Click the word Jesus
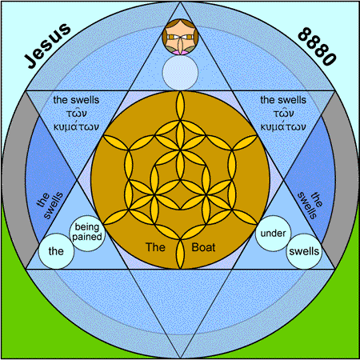47,45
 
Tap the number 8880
316,46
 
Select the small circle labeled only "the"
56,251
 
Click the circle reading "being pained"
87,233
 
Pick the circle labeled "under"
273,234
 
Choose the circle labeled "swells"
304,251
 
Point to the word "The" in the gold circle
155,247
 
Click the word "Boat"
203,247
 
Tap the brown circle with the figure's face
180,37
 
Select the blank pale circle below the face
180,73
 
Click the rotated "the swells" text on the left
50,205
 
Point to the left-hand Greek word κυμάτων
76,126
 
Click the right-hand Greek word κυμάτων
283,126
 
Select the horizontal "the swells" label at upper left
76,100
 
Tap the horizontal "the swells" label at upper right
283,100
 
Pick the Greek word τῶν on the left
77,113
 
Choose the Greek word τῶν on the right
283,113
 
